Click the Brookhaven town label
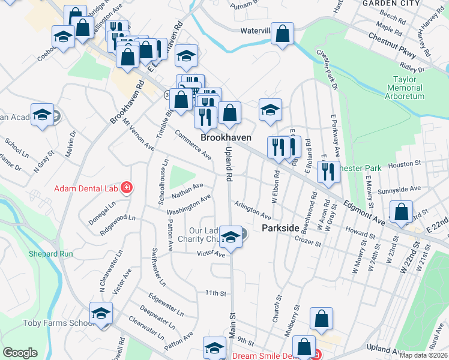[226, 137]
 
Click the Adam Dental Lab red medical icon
[127, 188]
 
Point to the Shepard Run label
[50, 254]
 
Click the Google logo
[20, 352]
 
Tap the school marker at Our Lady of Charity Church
[229, 235]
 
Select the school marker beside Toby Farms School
[101, 312]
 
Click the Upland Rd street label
[228, 163]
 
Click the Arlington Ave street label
[252, 209]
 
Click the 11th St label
[215, 293]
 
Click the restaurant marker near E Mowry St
[328, 170]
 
